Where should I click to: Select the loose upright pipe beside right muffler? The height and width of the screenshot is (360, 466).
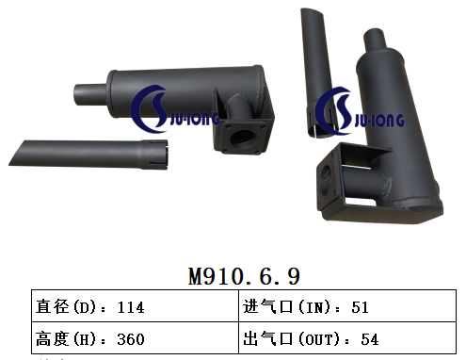[x=311, y=66]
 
